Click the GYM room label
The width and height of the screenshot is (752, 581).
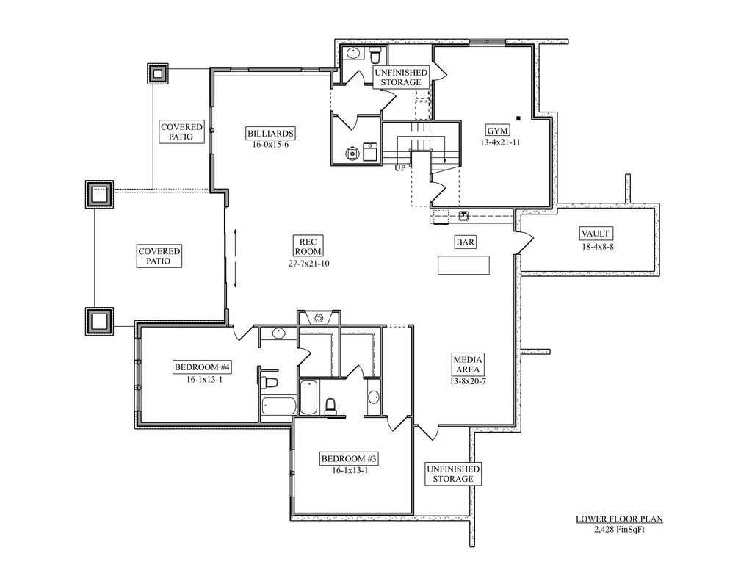[497, 131]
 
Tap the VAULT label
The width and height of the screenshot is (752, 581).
[595, 234]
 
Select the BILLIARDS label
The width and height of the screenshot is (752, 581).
[270, 133]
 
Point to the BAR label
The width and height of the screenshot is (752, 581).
[465, 242]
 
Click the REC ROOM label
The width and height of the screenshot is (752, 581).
[308, 246]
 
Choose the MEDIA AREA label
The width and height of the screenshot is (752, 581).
[468, 364]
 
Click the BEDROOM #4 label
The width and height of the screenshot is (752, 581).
[203, 367]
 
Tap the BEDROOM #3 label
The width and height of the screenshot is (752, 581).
[349, 459]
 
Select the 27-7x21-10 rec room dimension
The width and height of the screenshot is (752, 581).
[308, 264]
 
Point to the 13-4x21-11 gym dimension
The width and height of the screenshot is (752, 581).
[499, 142]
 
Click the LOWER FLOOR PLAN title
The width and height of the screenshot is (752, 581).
[619, 519]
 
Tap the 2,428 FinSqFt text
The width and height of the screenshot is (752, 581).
[619, 529]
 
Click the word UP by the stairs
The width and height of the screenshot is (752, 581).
[400, 168]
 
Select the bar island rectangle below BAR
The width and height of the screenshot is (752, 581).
[463, 265]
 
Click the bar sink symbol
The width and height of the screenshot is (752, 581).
[464, 216]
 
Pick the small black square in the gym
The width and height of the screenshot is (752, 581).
[518, 118]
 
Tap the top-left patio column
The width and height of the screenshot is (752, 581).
[157, 73]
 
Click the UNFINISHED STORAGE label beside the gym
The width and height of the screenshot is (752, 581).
[401, 77]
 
